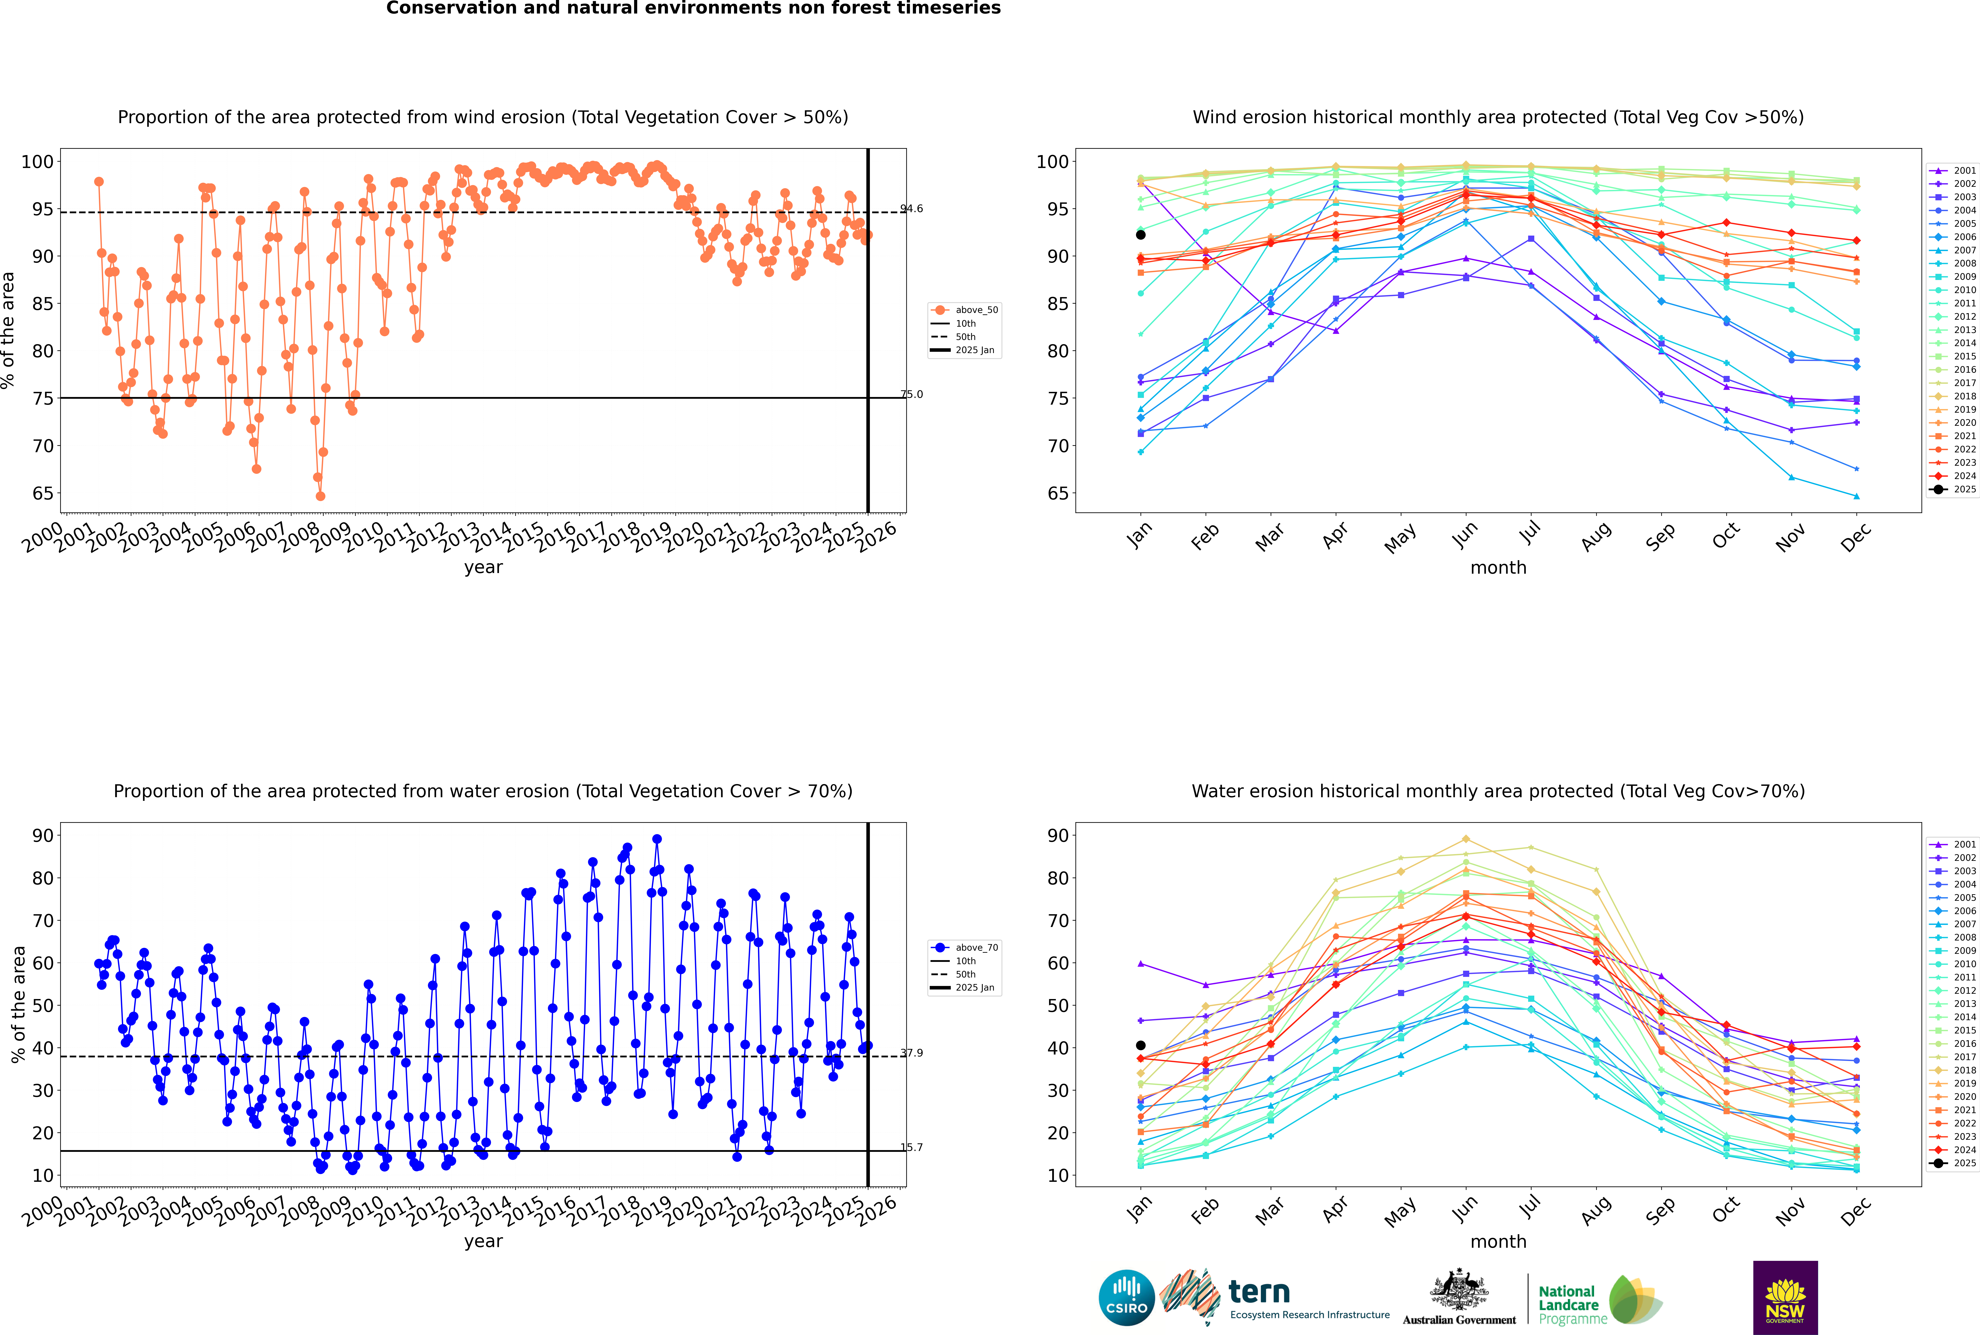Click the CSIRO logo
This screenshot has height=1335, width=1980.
[x=1126, y=1298]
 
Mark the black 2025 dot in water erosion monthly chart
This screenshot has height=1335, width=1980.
[x=1141, y=1046]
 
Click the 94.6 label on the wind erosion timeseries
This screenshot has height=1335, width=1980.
[x=912, y=209]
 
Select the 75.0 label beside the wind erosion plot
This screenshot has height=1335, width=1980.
[x=912, y=394]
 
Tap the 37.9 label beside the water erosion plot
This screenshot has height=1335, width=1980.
[x=912, y=1053]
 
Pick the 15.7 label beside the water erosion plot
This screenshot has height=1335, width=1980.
[x=912, y=1147]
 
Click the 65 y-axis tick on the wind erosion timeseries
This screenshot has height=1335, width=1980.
[x=42, y=494]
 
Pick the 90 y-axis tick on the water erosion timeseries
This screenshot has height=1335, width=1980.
[x=42, y=835]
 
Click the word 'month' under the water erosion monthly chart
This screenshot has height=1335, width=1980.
[x=1498, y=1241]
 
